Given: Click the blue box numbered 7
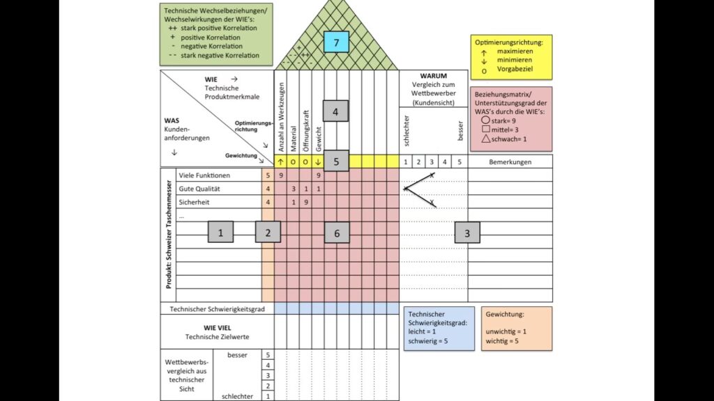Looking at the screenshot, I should click(336, 42).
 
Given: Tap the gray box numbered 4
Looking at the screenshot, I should click(335, 111).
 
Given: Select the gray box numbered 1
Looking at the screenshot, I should click(220, 233).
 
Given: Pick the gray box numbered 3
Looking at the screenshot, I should click(467, 233).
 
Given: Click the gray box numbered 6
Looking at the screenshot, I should click(337, 233).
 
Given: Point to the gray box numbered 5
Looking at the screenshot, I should click(336, 161).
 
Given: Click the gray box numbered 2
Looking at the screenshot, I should click(268, 233).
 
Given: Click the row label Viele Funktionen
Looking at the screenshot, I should click(204, 175).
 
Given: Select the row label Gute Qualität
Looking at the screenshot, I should click(199, 189).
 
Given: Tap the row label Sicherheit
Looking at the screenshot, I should click(193, 202).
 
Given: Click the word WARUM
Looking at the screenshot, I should click(433, 76).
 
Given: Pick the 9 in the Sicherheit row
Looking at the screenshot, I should click(306, 202).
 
